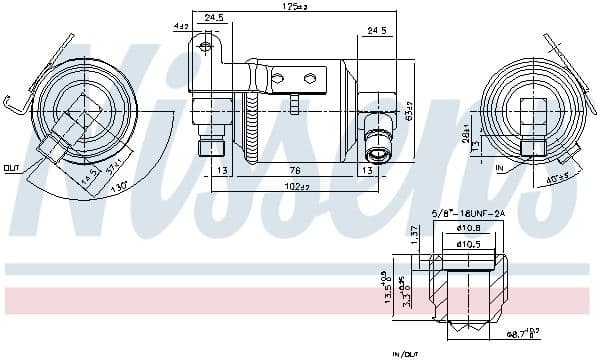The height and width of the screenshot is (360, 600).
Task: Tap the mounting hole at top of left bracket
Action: coord(204,44)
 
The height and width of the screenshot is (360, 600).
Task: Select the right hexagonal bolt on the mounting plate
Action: coord(310,77)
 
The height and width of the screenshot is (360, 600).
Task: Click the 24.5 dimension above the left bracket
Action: coord(213,18)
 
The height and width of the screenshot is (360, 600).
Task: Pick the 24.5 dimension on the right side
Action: coord(375,31)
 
